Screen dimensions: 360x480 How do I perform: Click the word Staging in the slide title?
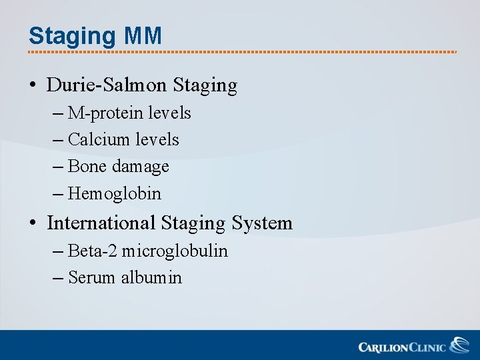73,36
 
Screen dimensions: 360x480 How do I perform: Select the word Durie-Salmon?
107,85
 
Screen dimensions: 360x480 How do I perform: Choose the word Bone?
87,167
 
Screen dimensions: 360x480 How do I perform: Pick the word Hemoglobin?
115,194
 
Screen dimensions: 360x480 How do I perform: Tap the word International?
100,223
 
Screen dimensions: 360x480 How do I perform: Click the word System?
262,223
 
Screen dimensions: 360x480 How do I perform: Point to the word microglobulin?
175,251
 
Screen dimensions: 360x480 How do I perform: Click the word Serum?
92,278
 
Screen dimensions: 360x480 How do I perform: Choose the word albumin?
151,278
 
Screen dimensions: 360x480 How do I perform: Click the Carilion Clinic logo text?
402,347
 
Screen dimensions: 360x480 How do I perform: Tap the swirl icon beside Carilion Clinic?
459,345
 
